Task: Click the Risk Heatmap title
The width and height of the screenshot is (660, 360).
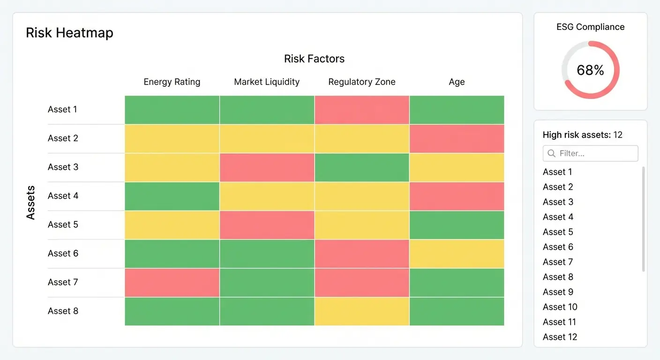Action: pyautogui.click(x=69, y=33)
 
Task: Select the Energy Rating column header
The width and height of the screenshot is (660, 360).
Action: pyautogui.click(x=172, y=82)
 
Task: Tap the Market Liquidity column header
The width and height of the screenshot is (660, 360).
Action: pyautogui.click(x=267, y=82)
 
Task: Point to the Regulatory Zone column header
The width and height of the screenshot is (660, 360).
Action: pyautogui.click(x=362, y=82)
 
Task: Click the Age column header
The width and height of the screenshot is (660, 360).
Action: pyautogui.click(x=457, y=82)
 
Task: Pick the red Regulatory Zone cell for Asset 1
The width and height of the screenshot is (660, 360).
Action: pyautogui.click(x=362, y=110)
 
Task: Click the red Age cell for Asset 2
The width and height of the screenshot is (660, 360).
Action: pyautogui.click(x=457, y=138)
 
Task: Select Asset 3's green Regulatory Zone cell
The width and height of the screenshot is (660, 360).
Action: pyautogui.click(x=362, y=167)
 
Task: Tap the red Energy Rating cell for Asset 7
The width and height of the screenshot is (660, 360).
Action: pyautogui.click(x=172, y=283)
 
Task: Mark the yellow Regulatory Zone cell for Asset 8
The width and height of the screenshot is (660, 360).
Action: pyautogui.click(x=362, y=311)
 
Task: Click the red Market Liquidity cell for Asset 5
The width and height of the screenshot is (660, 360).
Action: pyautogui.click(x=267, y=225)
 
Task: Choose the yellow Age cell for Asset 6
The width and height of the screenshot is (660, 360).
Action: pyautogui.click(x=457, y=254)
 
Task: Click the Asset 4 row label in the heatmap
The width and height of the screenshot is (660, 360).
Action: pyautogui.click(x=63, y=196)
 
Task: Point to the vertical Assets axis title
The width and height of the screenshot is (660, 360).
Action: pyautogui.click(x=31, y=202)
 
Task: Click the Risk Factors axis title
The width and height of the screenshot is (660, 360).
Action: pyautogui.click(x=314, y=59)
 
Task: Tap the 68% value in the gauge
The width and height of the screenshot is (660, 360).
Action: pyautogui.click(x=590, y=70)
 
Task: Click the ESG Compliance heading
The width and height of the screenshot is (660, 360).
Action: pyautogui.click(x=590, y=27)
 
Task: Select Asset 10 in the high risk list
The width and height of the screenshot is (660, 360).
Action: pyautogui.click(x=560, y=307)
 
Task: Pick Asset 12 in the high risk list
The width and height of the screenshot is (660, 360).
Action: pyautogui.click(x=560, y=337)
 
